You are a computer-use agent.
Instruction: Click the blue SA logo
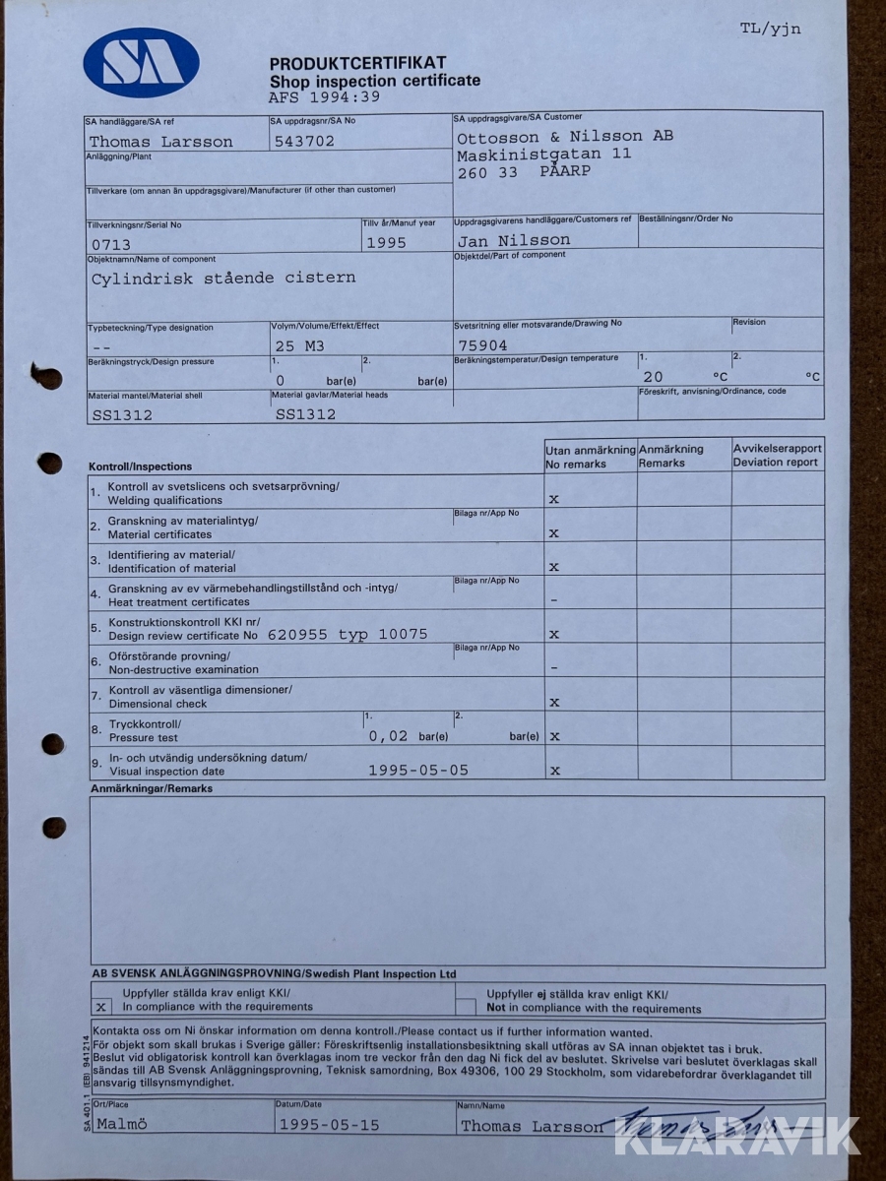(141, 63)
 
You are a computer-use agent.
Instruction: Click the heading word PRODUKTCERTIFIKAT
(357, 63)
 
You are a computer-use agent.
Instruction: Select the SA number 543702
(305, 141)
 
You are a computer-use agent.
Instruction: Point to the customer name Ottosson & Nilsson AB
(565, 136)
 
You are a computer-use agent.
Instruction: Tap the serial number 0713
(111, 244)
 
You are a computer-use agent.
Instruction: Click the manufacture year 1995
(386, 242)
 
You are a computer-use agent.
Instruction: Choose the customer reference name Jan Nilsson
(514, 239)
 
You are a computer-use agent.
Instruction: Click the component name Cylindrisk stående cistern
(223, 278)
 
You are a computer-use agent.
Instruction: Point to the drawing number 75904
(483, 345)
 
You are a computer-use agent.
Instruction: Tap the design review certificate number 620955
(298, 635)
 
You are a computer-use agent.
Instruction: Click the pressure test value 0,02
(388, 735)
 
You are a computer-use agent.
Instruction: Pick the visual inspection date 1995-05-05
(418, 770)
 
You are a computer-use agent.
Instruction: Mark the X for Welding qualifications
(554, 499)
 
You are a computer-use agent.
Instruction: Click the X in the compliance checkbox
(101, 1007)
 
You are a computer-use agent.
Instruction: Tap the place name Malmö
(122, 1123)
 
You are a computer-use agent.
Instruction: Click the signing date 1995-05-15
(329, 1124)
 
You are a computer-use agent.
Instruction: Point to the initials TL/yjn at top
(771, 29)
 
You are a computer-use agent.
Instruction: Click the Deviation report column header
(777, 456)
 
